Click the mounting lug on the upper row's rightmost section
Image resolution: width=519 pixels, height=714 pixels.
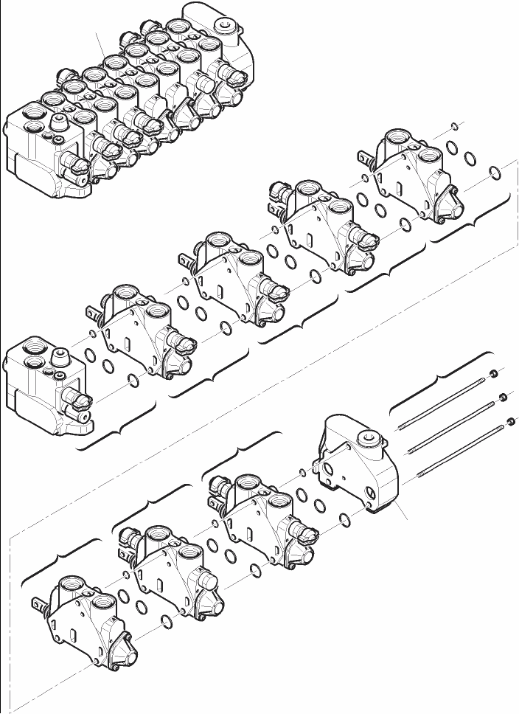(363, 156)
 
